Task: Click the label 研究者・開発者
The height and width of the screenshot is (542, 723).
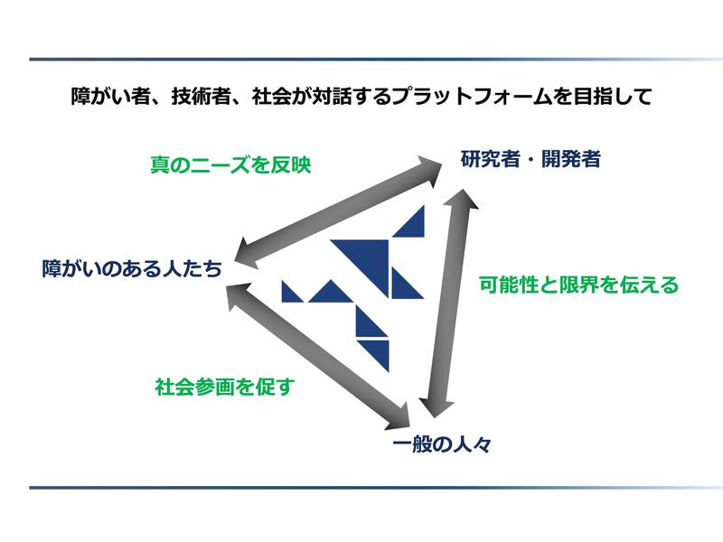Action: [531, 159]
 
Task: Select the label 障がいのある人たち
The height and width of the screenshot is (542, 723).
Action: [132, 268]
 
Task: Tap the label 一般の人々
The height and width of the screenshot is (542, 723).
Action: [442, 444]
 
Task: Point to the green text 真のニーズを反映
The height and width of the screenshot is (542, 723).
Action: [230, 164]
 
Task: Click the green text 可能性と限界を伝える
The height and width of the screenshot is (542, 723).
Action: [578, 285]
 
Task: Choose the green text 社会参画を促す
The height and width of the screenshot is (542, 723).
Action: [225, 387]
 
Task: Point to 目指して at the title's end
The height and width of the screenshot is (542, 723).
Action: [612, 97]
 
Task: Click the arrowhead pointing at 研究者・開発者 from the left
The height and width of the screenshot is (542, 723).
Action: [427, 171]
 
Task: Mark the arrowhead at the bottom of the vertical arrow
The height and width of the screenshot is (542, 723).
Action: [436, 406]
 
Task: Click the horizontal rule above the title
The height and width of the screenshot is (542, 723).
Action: [376, 60]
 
